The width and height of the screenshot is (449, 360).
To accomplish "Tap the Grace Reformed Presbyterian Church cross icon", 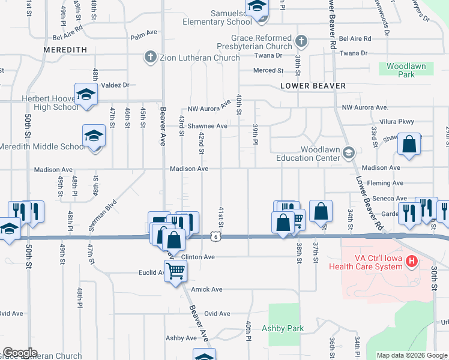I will point(301,41).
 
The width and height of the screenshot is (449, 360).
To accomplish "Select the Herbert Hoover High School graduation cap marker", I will point(86,94).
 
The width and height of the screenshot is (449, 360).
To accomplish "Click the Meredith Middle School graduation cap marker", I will point(94,136).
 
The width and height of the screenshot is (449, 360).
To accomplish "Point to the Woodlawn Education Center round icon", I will point(349,154).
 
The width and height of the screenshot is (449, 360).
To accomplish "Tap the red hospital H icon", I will point(411,261).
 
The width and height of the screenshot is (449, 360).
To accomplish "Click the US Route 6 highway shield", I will point(215,237).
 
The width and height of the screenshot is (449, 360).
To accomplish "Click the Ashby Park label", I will point(283,328).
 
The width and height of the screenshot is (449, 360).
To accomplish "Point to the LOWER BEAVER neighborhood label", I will point(313,86).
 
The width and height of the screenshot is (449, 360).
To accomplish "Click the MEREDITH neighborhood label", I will point(65,49).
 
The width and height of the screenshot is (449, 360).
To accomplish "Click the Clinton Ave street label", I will point(198,257).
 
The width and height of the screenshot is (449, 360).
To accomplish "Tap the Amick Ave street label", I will point(206,289).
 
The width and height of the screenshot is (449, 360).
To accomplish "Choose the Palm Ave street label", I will point(143,36).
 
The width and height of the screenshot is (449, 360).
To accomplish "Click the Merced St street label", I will point(268,70).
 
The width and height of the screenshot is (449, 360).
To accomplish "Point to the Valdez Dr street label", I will point(115,85).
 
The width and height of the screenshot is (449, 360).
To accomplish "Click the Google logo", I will point(20,353).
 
